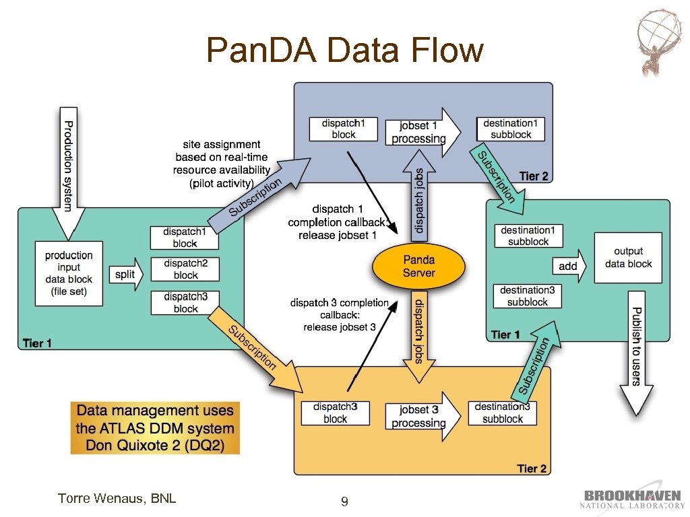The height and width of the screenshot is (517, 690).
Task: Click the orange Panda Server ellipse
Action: click(418, 266)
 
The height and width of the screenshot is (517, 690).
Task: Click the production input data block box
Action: click(69, 273)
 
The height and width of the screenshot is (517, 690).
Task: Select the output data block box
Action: click(628, 258)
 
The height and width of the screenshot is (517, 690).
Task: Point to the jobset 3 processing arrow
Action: click(418, 417)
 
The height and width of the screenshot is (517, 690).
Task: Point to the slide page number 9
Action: click(344, 502)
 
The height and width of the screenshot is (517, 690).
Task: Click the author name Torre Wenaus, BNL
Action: click(117, 499)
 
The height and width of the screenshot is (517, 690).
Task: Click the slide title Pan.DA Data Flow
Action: click(345, 50)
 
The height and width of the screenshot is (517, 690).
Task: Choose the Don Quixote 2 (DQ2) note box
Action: click(155, 428)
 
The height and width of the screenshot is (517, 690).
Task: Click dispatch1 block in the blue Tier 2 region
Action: click(343, 129)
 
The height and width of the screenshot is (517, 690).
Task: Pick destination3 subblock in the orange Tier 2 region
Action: click(502, 413)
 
